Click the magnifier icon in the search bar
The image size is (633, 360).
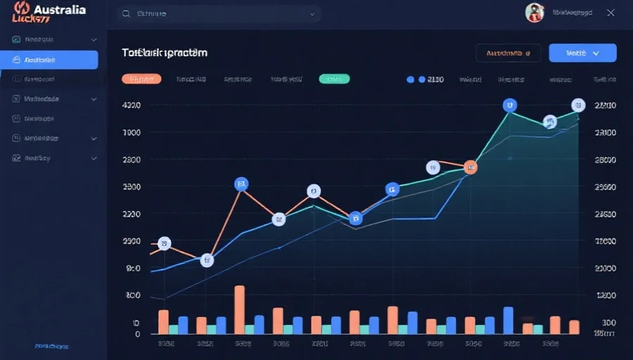(x=126, y=13)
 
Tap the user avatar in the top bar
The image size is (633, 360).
(x=535, y=13)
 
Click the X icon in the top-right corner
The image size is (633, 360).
(x=610, y=13)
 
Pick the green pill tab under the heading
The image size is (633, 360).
(x=334, y=79)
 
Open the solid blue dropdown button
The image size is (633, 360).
(x=582, y=53)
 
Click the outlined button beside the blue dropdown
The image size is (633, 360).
(x=508, y=53)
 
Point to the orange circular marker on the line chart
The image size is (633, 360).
(x=471, y=167)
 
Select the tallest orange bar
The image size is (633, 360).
(x=239, y=309)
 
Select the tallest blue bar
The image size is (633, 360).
(x=508, y=320)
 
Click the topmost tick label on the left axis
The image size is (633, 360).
(x=132, y=105)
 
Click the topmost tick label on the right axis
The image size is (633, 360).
(x=605, y=105)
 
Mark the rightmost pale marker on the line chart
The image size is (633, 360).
(x=578, y=105)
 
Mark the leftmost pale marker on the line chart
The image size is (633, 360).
(x=165, y=244)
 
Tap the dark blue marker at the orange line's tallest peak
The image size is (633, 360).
(x=241, y=184)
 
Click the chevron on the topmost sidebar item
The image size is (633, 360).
(x=94, y=40)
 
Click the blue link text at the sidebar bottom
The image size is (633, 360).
(x=51, y=347)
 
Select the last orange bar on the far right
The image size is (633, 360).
(x=574, y=327)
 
